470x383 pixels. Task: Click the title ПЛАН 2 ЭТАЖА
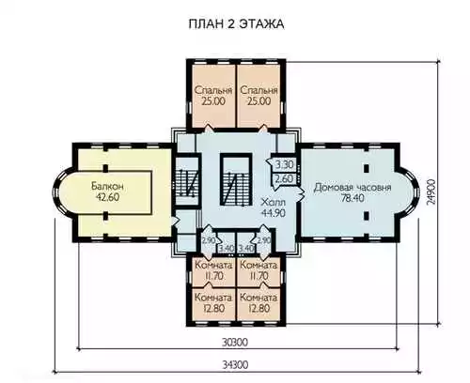point(236,24)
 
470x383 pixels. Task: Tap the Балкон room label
point(107,186)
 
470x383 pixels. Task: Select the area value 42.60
point(107,197)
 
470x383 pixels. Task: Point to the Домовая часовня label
point(352,187)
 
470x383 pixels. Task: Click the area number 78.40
point(352,198)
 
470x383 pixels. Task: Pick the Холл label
point(274,202)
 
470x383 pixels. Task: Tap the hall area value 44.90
point(274,213)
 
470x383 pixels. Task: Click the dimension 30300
point(235,343)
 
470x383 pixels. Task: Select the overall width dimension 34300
point(236,365)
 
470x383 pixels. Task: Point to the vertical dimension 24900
point(431,192)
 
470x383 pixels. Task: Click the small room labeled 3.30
point(285,164)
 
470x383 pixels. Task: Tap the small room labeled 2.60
point(285,179)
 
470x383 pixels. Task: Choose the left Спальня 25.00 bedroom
point(213,96)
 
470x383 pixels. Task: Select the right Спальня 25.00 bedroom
point(259,96)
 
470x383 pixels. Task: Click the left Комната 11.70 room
point(213,271)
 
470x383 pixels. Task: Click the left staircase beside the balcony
point(187,182)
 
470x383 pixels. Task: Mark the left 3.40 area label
point(227,249)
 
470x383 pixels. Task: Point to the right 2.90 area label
point(264,240)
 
